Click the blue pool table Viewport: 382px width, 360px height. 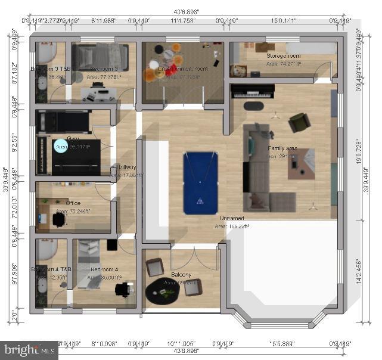pos(201,183)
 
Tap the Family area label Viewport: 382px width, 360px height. pos(282,148)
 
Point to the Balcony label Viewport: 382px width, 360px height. pos(181,275)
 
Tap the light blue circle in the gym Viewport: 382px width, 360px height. pos(61,146)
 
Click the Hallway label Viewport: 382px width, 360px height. pos(126,168)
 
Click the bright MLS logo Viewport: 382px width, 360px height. pos(29,350)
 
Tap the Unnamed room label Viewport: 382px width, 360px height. pos(231,219)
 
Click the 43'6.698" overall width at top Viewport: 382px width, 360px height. pos(188,11)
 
